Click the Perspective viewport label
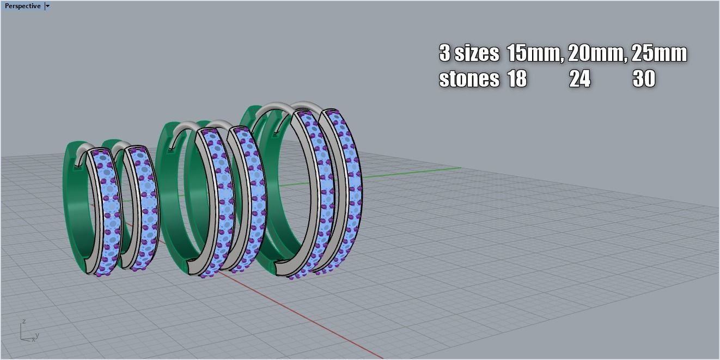(22, 6)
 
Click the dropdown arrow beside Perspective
(48, 6)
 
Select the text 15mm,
(535, 53)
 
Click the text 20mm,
(597, 53)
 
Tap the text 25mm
(659, 53)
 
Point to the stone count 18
(517, 79)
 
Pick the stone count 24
(579, 79)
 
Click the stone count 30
(643, 79)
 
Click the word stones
(469, 79)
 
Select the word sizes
(477, 53)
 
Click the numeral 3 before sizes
(444, 53)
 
